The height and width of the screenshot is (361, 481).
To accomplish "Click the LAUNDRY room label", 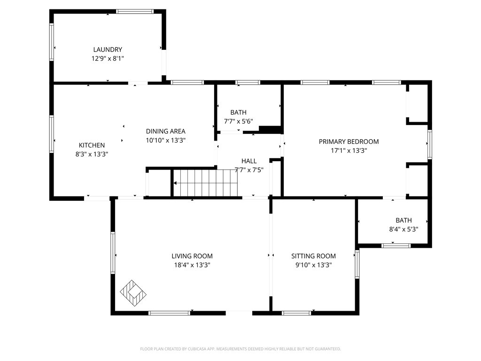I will (x=108, y=49).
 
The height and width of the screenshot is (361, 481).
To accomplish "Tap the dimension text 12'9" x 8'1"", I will (x=108, y=58).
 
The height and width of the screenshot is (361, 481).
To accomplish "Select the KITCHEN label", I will (x=92, y=145).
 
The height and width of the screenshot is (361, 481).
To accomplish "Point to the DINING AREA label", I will (x=165, y=131).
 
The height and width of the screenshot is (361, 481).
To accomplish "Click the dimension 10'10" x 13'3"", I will (x=165, y=140).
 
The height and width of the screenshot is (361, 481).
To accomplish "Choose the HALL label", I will (x=249, y=161).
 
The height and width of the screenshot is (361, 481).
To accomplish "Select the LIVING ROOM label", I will (x=192, y=256).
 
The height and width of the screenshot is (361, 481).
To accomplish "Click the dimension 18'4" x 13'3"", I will (x=192, y=265).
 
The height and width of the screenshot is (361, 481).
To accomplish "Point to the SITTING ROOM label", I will (x=313, y=256).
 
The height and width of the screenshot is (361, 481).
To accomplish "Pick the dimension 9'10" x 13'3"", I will (x=313, y=265).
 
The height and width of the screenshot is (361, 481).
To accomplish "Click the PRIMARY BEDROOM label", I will (x=349, y=141).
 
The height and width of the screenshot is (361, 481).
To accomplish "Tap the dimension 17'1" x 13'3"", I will (x=349, y=150).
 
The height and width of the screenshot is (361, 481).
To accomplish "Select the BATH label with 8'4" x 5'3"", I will (x=403, y=220).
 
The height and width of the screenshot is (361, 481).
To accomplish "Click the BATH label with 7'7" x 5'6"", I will (x=238, y=112).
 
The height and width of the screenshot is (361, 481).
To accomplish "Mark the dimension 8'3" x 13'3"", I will (x=92, y=154).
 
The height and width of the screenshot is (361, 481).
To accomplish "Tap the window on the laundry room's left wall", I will (x=52, y=42).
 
